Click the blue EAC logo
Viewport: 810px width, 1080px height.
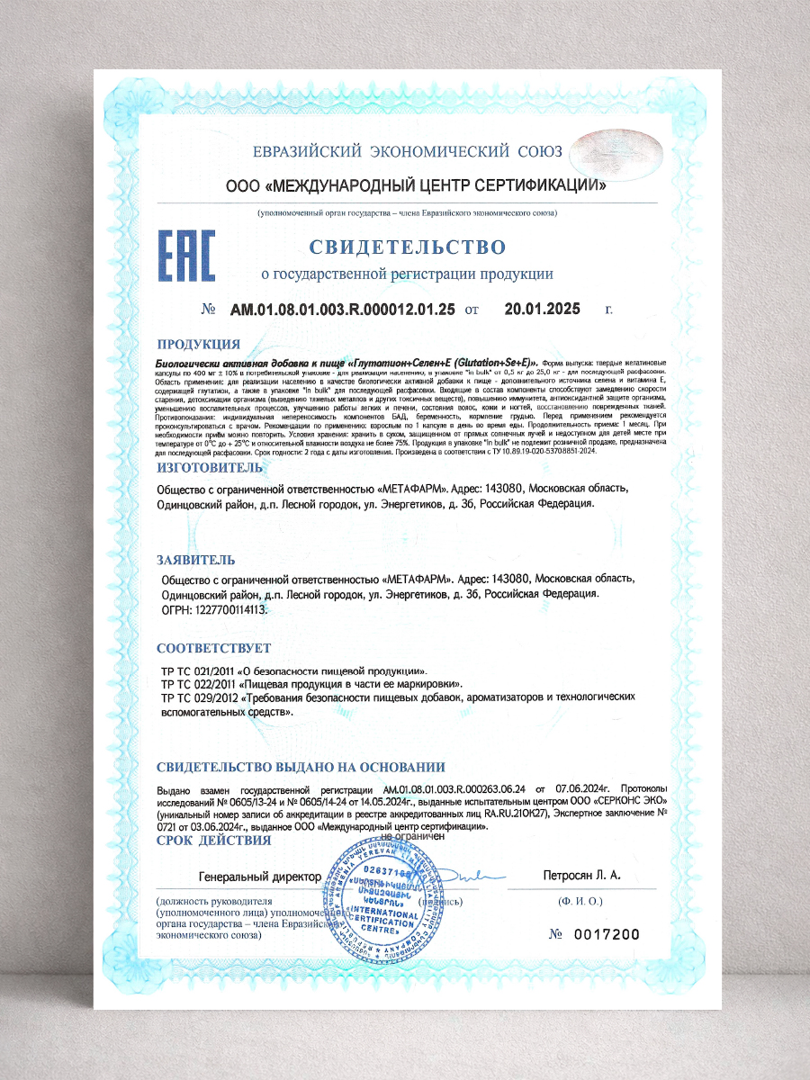[186, 256]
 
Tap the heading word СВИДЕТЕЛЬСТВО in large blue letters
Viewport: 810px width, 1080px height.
[408, 247]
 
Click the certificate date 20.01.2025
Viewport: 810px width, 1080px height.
[542, 310]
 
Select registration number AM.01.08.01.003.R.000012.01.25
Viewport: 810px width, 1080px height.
[343, 310]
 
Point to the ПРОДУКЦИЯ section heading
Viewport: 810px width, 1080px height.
[198, 344]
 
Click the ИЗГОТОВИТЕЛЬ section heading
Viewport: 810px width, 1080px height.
[209, 469]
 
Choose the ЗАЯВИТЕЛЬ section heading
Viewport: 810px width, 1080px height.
[196, 559]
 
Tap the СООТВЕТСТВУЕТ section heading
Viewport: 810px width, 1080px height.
[213, 648]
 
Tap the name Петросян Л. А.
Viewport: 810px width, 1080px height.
[581, 875]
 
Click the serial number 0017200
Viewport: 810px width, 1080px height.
[607, 934]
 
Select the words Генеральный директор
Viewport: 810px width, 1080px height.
[259, 876]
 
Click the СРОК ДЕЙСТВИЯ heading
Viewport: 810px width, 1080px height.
[213, 841]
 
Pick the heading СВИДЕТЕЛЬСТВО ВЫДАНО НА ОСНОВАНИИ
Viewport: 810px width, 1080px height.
[301, 768]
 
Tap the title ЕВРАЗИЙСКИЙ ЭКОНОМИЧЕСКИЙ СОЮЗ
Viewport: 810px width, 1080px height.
[407, 151]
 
